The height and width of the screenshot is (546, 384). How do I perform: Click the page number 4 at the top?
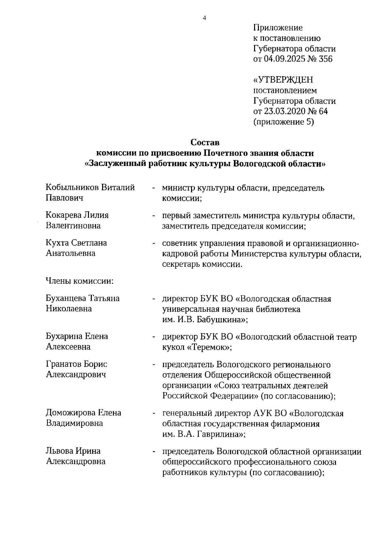[x=204, y=18]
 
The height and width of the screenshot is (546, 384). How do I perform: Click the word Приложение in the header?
[x=278, y=28]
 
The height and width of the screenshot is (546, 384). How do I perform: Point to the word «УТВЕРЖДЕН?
[x=283, y=80]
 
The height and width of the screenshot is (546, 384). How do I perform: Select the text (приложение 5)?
[x=284, y=122]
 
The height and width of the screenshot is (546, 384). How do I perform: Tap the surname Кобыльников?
[x=72, y=188]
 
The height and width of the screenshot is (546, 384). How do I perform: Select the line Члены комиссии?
[x=80, y=281]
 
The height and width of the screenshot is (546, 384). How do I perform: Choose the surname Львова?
[x=59, y=451]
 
